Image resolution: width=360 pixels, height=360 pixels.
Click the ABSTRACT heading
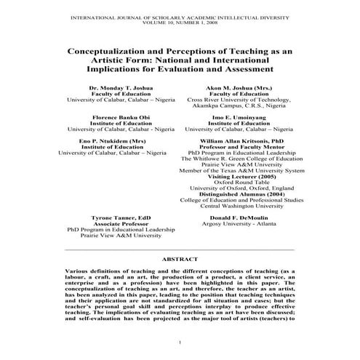pyautogui.click(x=179, y=258)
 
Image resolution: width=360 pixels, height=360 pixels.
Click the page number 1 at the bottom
pyautogui.click(x=179, y=342)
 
